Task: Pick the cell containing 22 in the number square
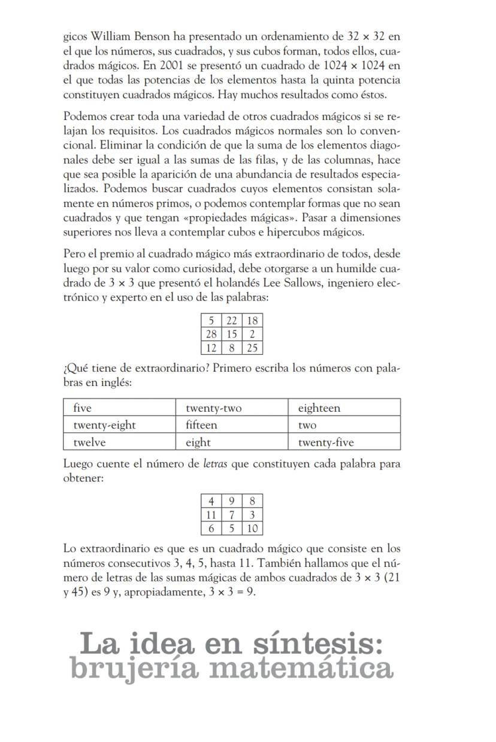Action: [232, 321]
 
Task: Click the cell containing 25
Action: [252, 348]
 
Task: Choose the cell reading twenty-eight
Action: [119, 425]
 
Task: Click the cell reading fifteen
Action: [232, 425]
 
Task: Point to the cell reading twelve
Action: [119, 442]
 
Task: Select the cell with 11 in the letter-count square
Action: [211, 515]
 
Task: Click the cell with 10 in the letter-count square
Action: [252, 528]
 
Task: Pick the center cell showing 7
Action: [232, 515]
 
